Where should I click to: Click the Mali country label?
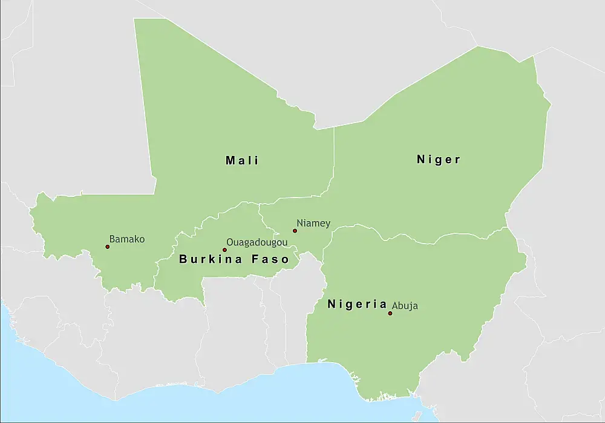tap(242, 160)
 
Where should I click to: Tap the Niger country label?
tap(439, 160)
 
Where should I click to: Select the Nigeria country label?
tap(357, 304)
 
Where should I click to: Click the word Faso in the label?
tap(269, 259)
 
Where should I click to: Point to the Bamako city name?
tap(127, 239)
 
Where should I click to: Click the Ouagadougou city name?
tap(257, 242)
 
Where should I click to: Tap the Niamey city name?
tap(313, 224)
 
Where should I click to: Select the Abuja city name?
tap(405, 306)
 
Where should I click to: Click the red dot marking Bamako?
tap(108, 247)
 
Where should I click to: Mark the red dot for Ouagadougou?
tap(224, 250)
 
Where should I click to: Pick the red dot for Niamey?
tap(295, 230)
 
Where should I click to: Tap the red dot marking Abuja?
tap(390, 313)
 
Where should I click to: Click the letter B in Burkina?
tap(183, 259)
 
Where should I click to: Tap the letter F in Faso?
tap(252, 259)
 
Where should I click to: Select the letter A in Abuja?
tap(395, 306)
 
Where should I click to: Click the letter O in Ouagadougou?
tap(230, 241)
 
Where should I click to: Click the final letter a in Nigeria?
tap(384, 305)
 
